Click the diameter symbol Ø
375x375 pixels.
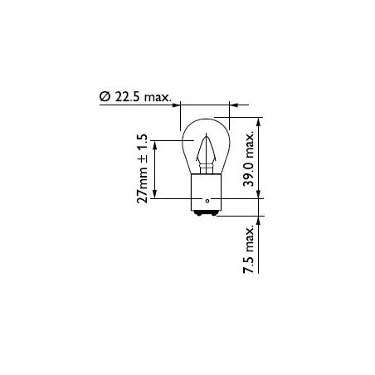[x=105, y=99]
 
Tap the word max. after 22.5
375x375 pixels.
[x=158, y=99]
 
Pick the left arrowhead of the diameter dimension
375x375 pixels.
[x=178, y=105]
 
